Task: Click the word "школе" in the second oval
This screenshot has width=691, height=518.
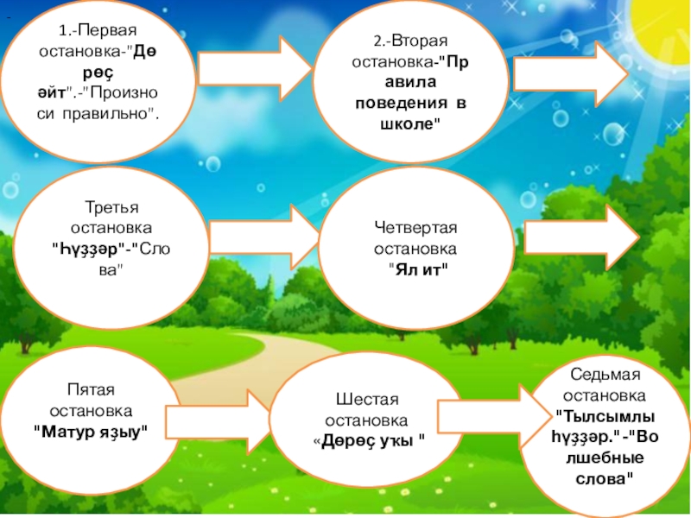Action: tap(399, 124)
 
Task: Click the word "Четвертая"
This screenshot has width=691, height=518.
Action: tap(415, 227)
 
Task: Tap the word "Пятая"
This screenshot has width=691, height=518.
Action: tap(92, 389)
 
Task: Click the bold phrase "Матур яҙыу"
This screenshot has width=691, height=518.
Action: tap(92, 429)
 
